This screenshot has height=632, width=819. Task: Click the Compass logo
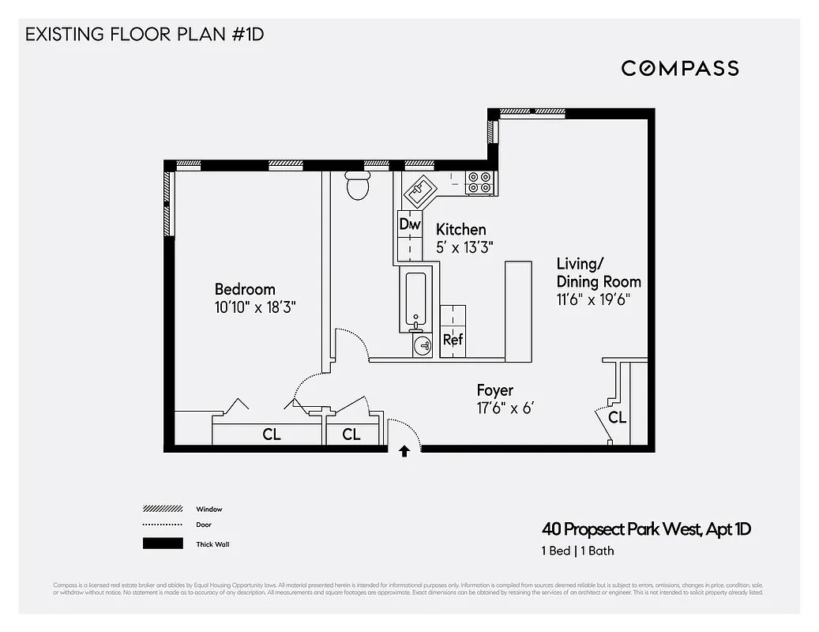coord(680,68)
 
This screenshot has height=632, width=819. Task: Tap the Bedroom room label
coord(245,289)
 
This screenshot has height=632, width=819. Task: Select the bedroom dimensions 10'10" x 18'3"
coord(254,307)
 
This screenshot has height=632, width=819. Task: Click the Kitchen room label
coord(460,229)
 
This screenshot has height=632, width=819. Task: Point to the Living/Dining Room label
coord(598,273)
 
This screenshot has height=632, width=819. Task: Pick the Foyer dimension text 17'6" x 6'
coord(508,408)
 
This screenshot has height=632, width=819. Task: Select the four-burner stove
coord(479,182)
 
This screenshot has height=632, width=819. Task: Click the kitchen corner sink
coord(420,189)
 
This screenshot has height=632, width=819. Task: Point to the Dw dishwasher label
coord(410,224)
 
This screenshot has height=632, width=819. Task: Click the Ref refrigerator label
coord(453,340)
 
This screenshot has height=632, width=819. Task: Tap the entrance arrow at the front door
coord(404,451)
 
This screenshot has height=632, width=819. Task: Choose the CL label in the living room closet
coord(617,417)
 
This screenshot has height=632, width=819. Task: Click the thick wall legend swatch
coord(162,544)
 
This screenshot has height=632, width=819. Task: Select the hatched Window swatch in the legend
coord(162,509)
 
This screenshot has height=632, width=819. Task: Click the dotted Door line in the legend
coord(162,525)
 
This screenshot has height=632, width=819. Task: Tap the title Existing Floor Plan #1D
coord(144,36)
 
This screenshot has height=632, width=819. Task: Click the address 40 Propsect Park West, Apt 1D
coord(645,529)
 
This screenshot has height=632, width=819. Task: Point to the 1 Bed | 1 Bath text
coord(577,551)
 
